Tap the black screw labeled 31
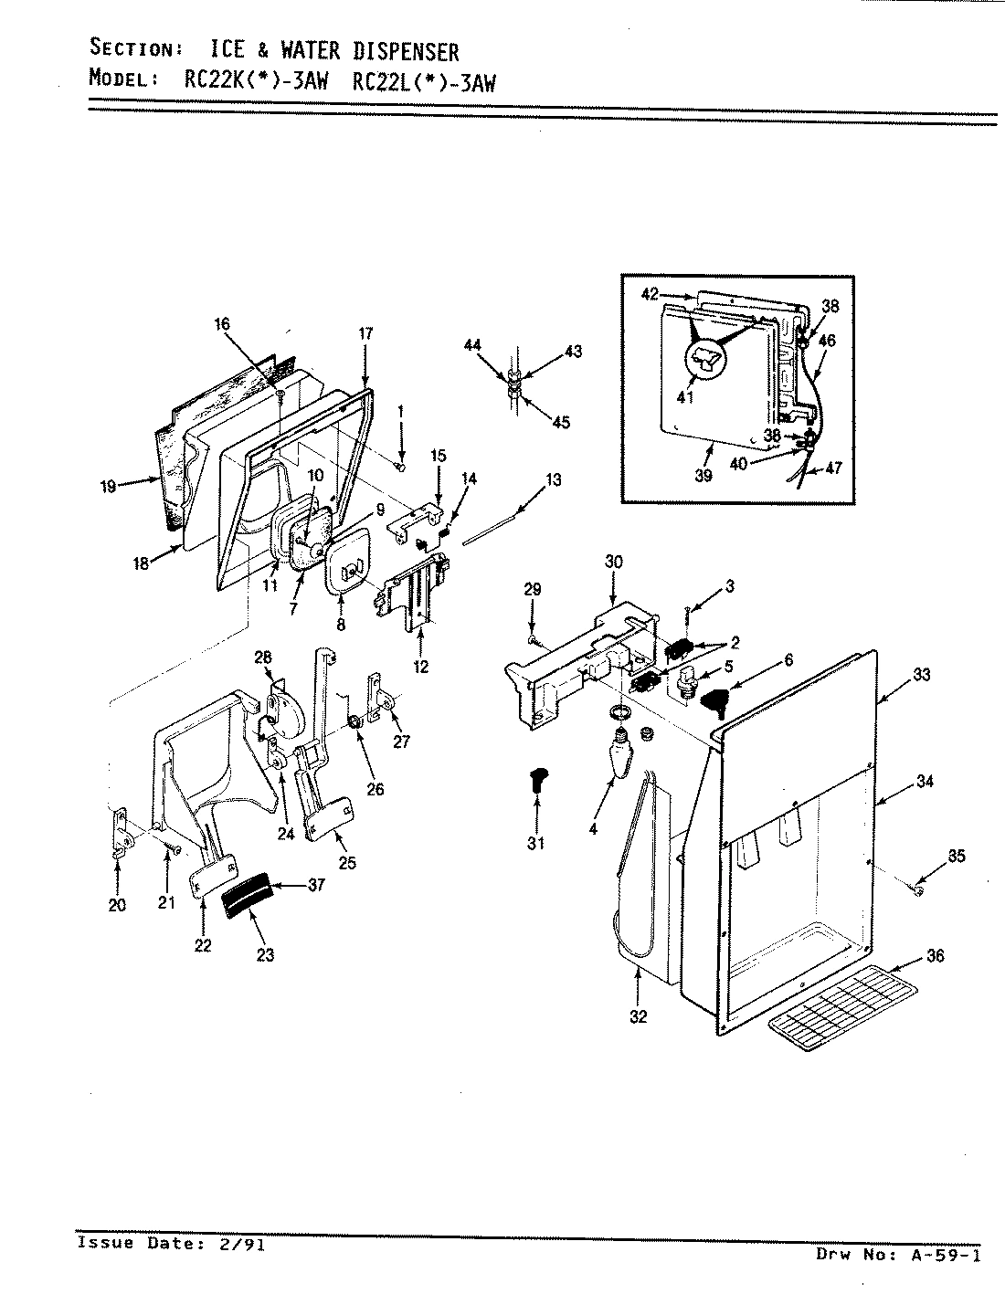[x=536, y=781]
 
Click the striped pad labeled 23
[x=248, y=897]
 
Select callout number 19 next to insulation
[x=109, y=487]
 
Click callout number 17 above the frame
[x=365, y=334]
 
